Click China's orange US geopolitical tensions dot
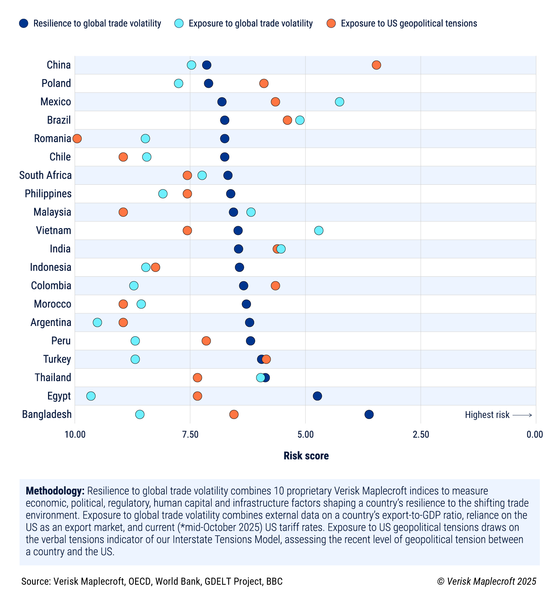tap(376, 65)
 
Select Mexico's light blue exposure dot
tap(339, 102)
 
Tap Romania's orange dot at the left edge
tap(77, 139)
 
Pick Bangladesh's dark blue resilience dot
tap(369, 414)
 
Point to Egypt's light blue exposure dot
tap(91, 396)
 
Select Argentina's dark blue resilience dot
tap(250, 323)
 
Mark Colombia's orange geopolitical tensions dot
tap(275, 286)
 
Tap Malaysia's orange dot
tap(123, 212)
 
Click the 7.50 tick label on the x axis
tap(190, 435)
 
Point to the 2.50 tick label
tap(421, 435)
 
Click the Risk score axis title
tap(306, 456)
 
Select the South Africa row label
tap(45, 175)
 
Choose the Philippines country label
tap(48, 194)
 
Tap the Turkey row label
tap(57, 359)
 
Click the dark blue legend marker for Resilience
tap(24, 24)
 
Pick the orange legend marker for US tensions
tap(331, 24)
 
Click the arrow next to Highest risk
tap(522, 415)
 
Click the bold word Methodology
tap(55, 491)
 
